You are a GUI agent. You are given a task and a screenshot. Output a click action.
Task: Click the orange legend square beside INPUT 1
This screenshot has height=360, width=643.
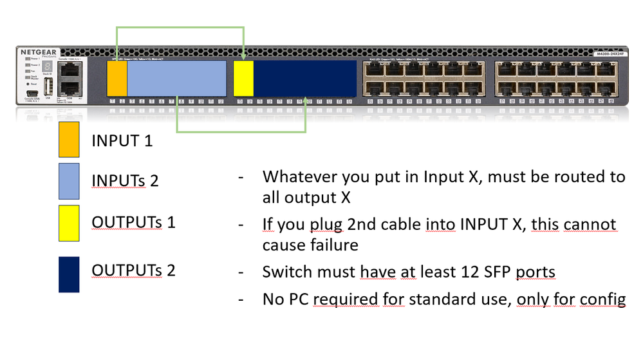[x=68, y=139]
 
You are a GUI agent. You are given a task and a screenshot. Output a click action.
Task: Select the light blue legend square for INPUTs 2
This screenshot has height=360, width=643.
[x=68, y=181]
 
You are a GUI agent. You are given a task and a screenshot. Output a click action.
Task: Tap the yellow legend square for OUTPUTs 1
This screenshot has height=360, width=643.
[x=68, y=223]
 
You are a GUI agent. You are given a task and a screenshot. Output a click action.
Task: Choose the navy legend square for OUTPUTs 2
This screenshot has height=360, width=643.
[x=68, y=274]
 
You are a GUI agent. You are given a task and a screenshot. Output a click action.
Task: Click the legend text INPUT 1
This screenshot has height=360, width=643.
[x=122, y=140]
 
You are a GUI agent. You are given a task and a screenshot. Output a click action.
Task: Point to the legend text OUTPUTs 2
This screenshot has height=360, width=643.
[x=133, y=270]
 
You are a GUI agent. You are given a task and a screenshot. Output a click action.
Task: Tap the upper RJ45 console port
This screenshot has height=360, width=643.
[x=67, y=71]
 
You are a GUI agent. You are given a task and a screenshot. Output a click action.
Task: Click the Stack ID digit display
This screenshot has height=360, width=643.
[x=46, y=66]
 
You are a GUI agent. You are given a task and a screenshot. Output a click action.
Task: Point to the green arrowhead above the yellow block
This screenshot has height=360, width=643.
[x=243, y=57]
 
